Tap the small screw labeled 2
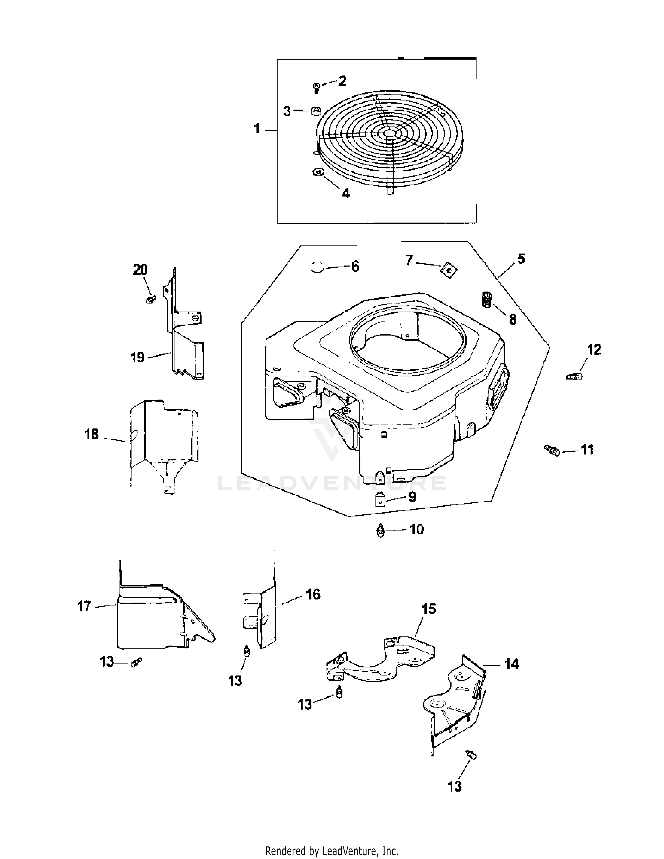pos(316,87)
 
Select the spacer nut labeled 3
pos(316,111)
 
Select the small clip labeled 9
pos(380,500)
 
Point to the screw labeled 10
pos(380,530)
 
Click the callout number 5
pos(521,259)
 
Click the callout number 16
pos(313,594)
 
